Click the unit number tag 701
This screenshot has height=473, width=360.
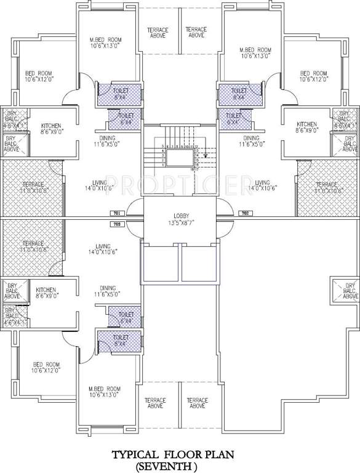117,213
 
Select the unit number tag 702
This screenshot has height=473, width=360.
244,213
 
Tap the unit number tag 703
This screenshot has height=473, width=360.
117,224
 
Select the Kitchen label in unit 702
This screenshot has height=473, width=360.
306,124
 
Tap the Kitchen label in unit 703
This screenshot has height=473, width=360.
47,289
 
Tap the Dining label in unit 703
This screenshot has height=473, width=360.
108,288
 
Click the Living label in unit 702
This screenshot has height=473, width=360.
263,182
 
